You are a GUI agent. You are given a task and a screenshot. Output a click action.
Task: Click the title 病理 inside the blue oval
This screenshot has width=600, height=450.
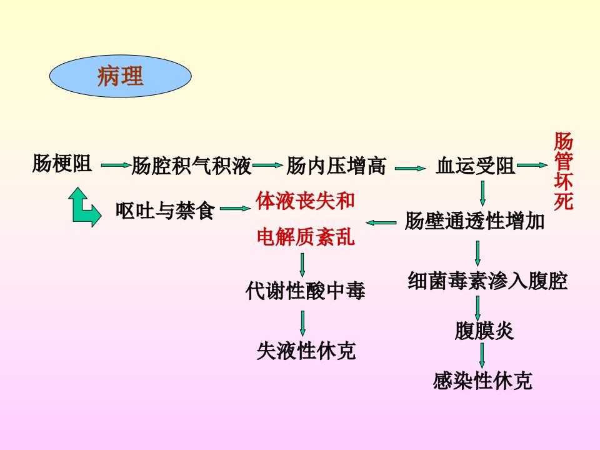click(x=120, y=76)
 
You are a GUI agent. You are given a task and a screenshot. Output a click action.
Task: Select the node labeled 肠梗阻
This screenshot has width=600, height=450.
click(x=62, y=163)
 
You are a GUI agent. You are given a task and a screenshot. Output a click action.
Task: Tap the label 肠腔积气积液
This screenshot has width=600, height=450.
click(x=191, y=166)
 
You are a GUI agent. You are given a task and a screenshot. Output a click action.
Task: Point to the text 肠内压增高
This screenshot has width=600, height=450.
click(x=336, y=166)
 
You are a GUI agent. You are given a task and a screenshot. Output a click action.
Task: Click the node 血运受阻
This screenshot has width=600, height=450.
click(x=476, y=166)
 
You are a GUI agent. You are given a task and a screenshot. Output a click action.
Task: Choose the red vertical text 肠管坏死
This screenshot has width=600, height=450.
click(x=564, y=171)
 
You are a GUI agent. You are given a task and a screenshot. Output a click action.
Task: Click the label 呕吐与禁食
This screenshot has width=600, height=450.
click(x=165, y=210)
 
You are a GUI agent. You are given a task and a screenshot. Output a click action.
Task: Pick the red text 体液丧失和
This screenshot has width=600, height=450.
click(x=306, y=201)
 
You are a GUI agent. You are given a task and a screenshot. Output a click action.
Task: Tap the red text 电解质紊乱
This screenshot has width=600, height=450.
click(x=306, y=236)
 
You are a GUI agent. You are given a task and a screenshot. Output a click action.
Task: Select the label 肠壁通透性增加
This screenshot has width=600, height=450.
click(x=474, y=221)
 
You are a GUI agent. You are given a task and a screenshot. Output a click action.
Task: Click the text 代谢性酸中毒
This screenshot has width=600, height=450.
click(x=306, y=291)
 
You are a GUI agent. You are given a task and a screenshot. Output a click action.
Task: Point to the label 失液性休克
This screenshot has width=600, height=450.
click(x=306, y=351)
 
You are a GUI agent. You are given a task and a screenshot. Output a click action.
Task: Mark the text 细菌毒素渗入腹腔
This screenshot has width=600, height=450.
click(x=487, y=281)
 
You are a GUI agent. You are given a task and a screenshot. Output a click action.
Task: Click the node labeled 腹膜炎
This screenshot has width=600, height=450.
click(x=484, y=331)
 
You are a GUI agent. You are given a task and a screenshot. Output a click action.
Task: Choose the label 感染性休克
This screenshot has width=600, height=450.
click(x=482, y=381)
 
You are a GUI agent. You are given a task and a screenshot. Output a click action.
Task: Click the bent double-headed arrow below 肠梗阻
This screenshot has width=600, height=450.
click(x=79, y=210)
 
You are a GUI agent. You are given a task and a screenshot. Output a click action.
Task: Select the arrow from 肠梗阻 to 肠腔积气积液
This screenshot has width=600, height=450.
click(x=116, y=165)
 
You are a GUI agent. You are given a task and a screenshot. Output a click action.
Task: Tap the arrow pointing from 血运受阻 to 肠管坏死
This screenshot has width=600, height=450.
click(x=532, y=165)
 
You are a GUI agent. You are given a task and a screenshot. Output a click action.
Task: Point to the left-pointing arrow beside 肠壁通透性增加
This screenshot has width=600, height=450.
click(x=381, y=222)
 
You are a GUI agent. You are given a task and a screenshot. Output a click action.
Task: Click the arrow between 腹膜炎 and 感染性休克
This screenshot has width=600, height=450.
click(x=482, y=356)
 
